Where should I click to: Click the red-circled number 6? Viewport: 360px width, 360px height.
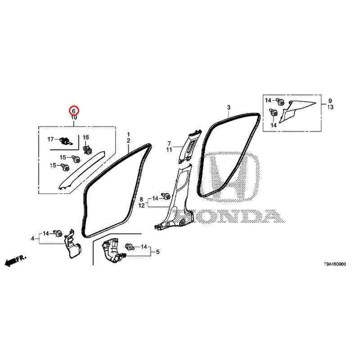click(74, 111)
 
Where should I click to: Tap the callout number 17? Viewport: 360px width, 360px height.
click(50, 139)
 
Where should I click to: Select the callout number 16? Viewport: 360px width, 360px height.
click(85, 137)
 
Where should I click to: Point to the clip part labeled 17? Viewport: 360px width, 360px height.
click(66, 140)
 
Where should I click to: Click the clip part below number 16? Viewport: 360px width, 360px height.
click(88, 149)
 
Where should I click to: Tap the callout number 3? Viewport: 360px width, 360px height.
click(229, 107)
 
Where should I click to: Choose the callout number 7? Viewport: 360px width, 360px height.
click(169, 144)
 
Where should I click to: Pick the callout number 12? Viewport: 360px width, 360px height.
click(142, 206)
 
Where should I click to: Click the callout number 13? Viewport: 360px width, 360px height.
click(330, 107)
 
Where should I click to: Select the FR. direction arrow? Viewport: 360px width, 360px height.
click(16, 261)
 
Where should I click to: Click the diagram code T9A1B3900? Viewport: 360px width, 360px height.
click(334, 264)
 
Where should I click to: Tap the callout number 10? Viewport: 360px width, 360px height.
click(74, 117)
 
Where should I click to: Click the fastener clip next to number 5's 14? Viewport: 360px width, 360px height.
click(130, 247)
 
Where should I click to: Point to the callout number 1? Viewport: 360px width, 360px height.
click(129, 134)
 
